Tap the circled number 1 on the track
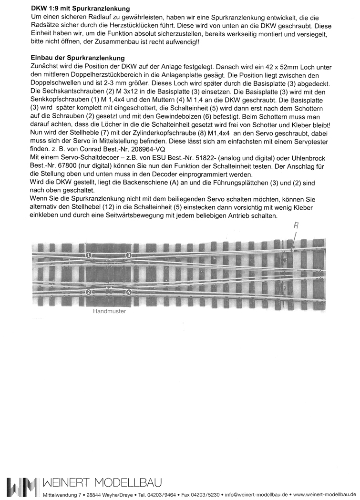pyautogui.click(x=89, y=255)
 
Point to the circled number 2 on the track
pyautogui.click(x=89, y=292)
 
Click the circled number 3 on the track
pyautogui.click(x=129, y=255)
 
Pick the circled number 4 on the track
pyautogui.click(x=129, y=292)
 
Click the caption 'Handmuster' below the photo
pyautogui.click(x=109, y=314)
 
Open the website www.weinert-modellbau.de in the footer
pyautogui.click(x=324, y=495)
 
